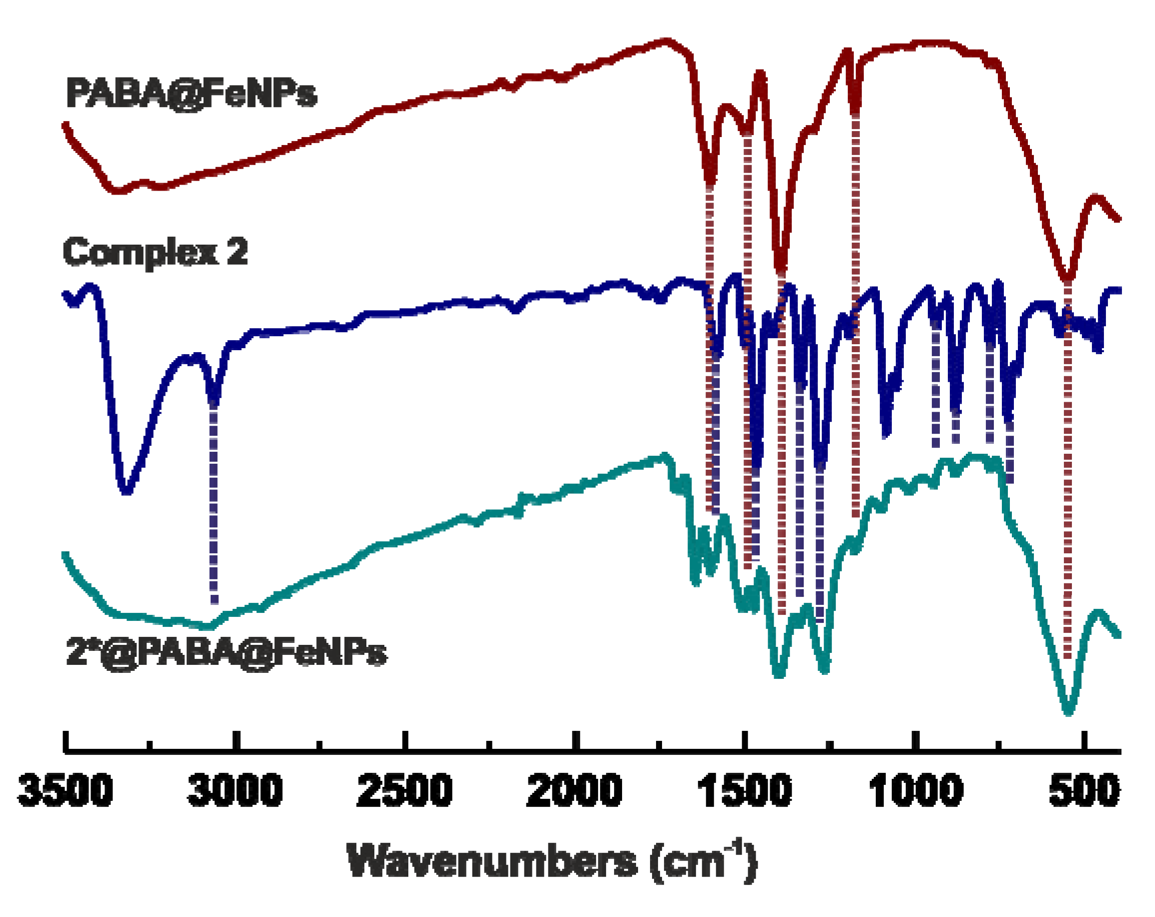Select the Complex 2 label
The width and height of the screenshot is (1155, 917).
tap(155, 252)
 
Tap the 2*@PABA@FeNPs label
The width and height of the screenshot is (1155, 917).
tap(226, 652)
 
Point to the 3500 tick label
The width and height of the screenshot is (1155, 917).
tap(66, 790)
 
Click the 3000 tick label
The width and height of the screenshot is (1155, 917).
tap(235, 790)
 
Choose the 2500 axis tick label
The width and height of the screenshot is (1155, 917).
tap(405, 790)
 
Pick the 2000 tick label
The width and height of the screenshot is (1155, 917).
tap(574, 790)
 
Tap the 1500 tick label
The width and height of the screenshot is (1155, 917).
tap(744, 790)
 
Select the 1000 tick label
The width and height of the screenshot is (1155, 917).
tap(915, 790)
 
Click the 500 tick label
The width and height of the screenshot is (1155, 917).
tap(1084, 790)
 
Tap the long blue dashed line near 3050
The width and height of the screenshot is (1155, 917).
tap(214, 503)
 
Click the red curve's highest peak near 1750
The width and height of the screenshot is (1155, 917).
tap(666, 41)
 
